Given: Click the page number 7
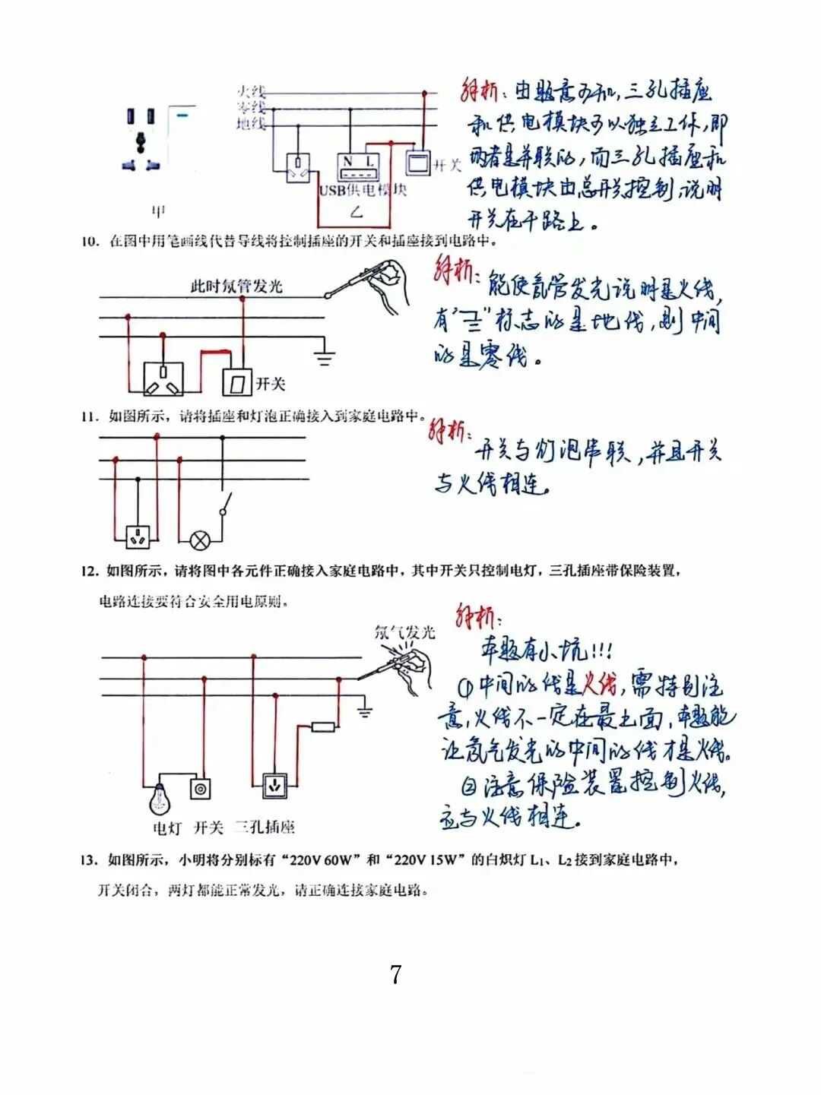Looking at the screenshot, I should (395, 974).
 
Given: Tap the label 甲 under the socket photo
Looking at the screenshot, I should (158, 210).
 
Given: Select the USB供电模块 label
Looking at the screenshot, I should (363, 190).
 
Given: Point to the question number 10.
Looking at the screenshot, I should (90, 242).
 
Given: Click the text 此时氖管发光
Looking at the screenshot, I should (236, 286).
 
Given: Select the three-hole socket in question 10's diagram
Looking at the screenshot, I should (163, 378).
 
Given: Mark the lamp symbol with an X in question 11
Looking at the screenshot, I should (199, 540).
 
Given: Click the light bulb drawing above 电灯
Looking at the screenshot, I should (160, 798).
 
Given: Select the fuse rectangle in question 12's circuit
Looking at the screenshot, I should (323, 727).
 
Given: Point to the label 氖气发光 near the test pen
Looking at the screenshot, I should (404, 631).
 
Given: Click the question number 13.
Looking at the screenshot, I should (89, 860).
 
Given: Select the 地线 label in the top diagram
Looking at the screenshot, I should (250, 123).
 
